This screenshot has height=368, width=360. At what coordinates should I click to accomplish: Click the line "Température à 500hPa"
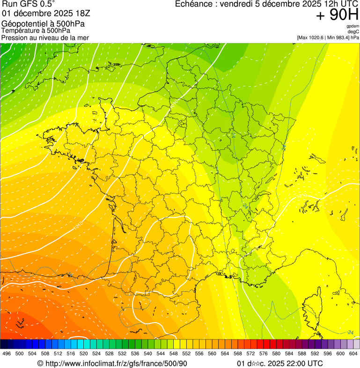(36, 30)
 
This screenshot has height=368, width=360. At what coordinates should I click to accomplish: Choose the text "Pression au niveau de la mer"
(45, 37)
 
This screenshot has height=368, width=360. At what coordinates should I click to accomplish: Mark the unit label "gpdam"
(353, 26)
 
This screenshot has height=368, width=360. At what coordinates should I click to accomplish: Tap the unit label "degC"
(353, 31)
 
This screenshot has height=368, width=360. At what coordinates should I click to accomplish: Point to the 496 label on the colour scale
(7, 353)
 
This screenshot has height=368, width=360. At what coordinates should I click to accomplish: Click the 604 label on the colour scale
(353, 353)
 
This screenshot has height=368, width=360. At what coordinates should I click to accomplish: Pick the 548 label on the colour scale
(174, 353)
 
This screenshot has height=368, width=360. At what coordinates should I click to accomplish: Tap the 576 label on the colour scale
(264, 353)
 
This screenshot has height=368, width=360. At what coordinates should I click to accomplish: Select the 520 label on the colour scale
(84, 353)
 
